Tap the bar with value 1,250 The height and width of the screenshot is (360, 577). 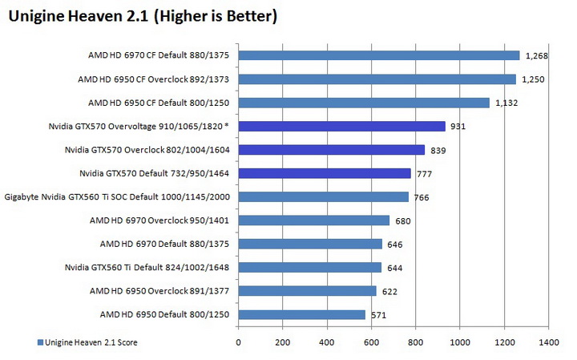click(377, 79)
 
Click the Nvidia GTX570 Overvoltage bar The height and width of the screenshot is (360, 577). click(341, 126)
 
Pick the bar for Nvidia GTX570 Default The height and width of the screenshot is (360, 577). click(325, 173)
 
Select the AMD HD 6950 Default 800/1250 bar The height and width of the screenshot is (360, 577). click(301, 314)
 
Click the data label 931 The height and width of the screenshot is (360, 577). click(458, 127)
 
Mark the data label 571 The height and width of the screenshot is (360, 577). click(379, 315)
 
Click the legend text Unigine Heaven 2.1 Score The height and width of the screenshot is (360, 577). click(91, 342)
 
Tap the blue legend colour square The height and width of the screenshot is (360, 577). click(39, 343)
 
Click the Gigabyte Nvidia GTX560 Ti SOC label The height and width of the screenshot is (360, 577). click(119, 196)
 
